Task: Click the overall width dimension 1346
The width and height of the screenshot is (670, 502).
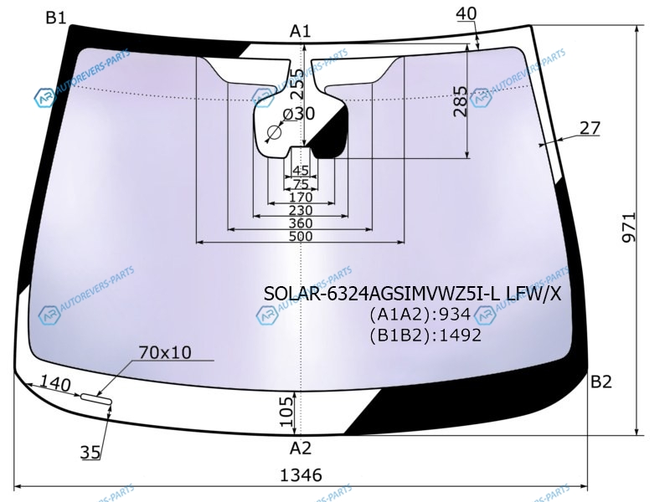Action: [x=301, y=475]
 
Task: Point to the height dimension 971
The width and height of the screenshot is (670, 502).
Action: [x=629, y=227]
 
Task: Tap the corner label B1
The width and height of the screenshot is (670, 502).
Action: [x=56, y=18]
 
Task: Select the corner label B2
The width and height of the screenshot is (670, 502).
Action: [x=601, y=382]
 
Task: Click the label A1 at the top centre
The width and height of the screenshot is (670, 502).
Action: [x=301, y=32]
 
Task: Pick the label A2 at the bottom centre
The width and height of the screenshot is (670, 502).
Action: [x=301, y=448]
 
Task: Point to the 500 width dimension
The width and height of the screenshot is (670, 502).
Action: [x=300, y=237]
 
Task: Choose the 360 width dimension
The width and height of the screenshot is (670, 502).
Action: [x=300, y=223]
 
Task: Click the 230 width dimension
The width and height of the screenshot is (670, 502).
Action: [x=300, y=210]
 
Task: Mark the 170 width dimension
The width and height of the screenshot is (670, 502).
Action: [x=300, y=197]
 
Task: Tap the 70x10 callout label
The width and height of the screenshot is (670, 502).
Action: [x=165, y=353]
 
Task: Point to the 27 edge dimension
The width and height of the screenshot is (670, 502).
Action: [x=590, y=128]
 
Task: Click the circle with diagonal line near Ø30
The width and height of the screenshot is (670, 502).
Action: [x=274, y=133]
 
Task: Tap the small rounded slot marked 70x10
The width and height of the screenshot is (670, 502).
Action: [x=95, y=399]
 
